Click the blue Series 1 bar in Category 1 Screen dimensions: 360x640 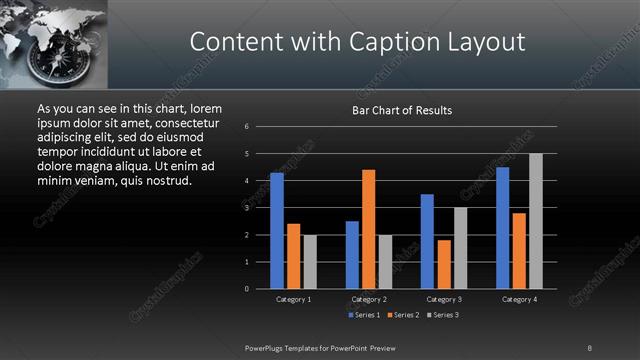point(277,231)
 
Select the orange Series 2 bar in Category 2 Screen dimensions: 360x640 point(368,229)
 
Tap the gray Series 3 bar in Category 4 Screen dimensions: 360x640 point(536,221)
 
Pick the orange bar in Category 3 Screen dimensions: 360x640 point(444,264)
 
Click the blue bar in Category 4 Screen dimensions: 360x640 point(503,228)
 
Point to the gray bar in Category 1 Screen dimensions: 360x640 point(309,262)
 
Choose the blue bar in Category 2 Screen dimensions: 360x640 point(352,255)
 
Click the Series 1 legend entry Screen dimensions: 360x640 point(364,315)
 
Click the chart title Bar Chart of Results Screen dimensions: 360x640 point(402,111)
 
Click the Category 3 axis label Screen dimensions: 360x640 point(444,299)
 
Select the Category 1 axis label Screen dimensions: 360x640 point(293,299)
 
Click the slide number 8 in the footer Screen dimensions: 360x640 point(590,347)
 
